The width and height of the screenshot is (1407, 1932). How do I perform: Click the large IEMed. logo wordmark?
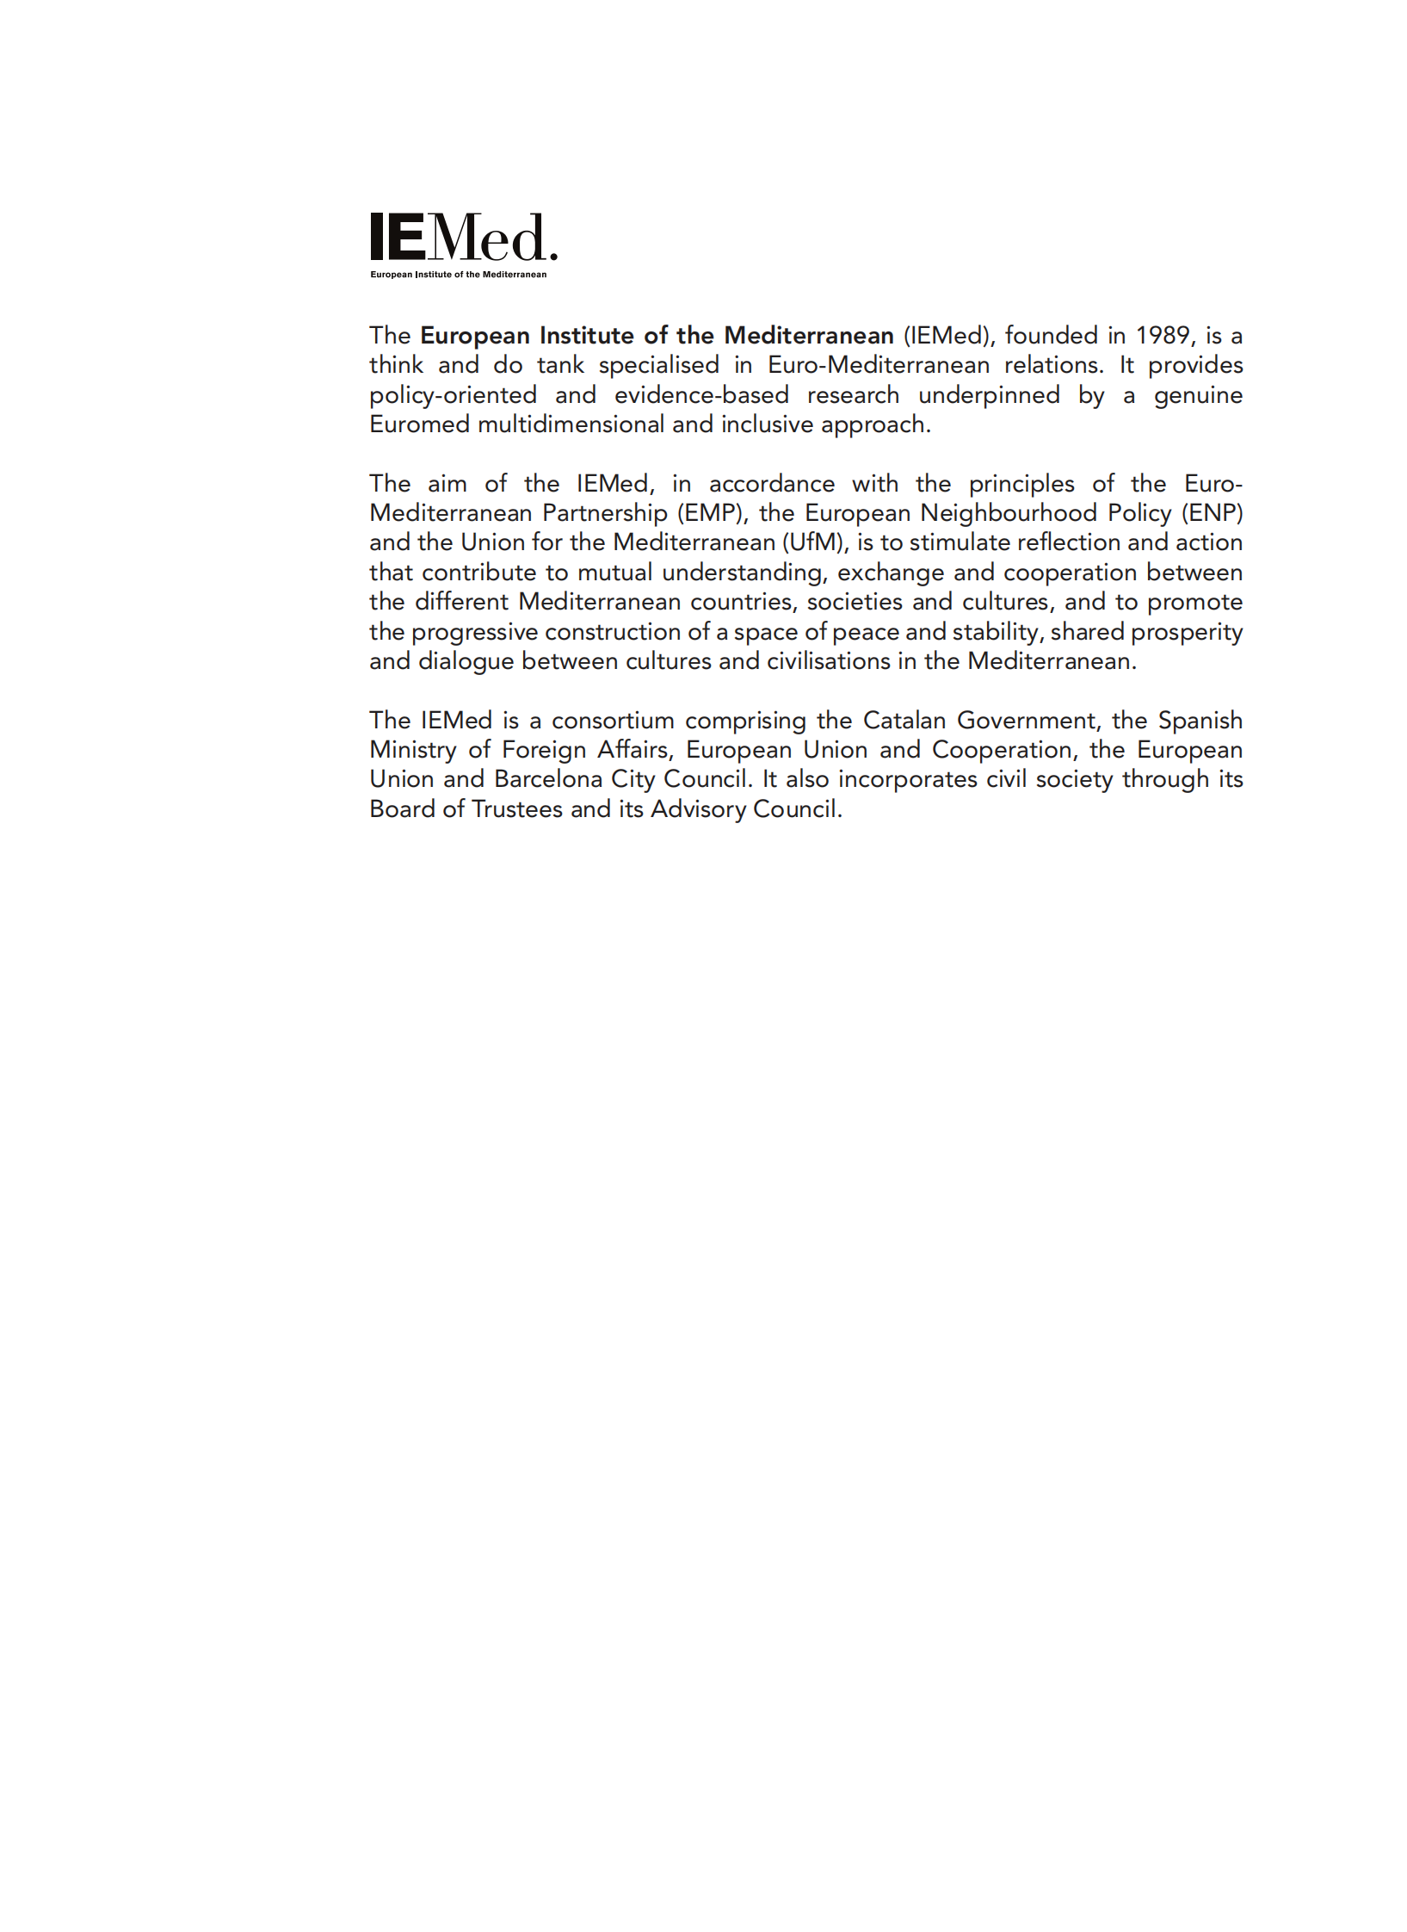pos(463,238)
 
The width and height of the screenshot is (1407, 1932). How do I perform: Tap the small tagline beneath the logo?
pos(458,275)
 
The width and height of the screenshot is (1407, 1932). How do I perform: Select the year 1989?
pos(1163,335)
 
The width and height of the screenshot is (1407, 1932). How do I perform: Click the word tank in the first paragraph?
pos(560,365)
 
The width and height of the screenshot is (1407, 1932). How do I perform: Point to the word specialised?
pos(658,365)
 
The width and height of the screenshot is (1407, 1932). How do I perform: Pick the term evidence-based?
pos(701,395)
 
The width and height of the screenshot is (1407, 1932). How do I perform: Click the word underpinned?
pos(989,395)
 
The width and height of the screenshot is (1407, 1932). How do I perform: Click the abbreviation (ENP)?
pos(1212,513)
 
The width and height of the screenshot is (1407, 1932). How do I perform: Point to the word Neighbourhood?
pos(1009,513)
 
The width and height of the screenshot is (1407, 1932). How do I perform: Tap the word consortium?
pos(613,721)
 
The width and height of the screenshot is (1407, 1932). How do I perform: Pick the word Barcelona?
pos(548,779)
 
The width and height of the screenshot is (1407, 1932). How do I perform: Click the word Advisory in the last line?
pos(698,809)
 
